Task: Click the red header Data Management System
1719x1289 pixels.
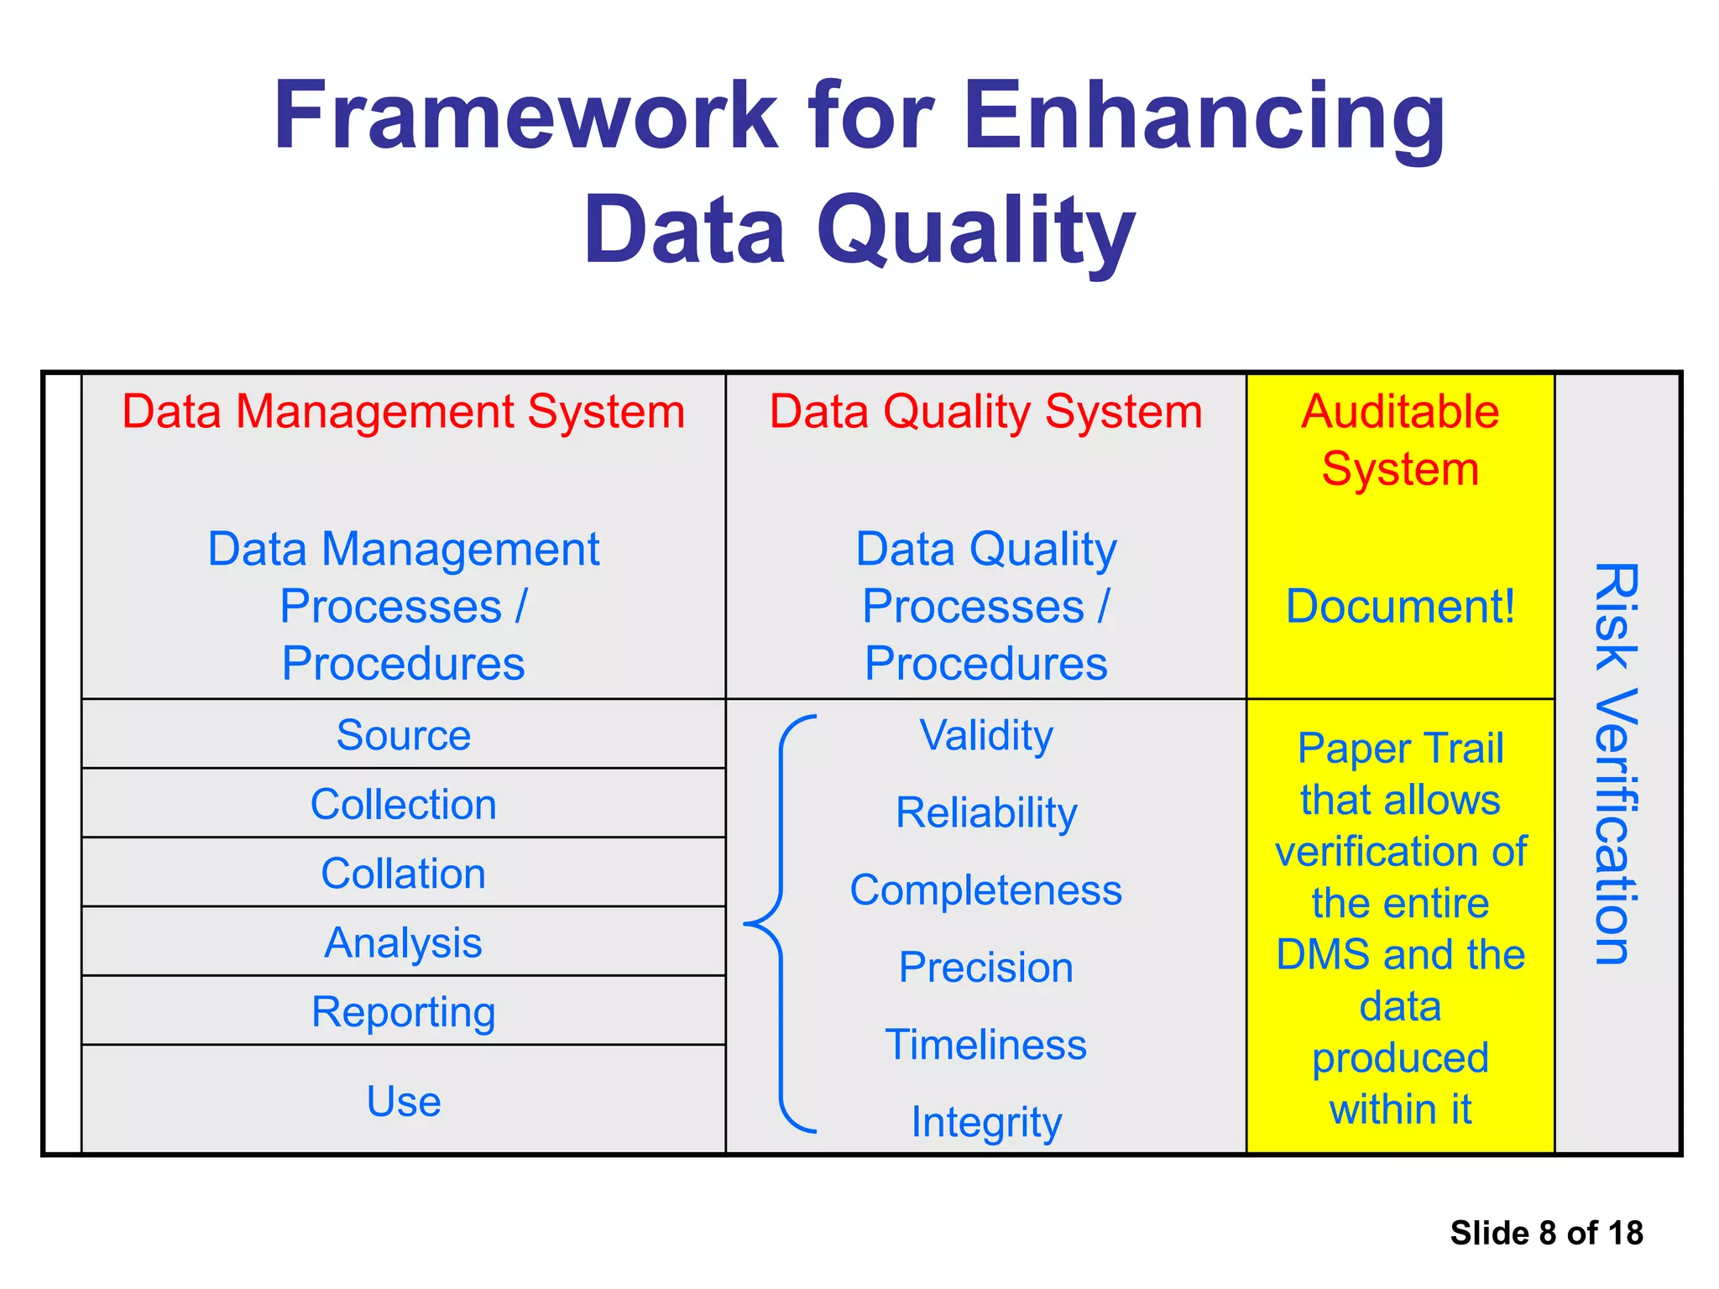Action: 403,412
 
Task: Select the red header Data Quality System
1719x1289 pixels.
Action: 985,412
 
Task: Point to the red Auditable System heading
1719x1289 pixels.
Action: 1399,440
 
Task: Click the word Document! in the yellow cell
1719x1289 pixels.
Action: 1400,606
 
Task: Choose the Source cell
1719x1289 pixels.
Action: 403,735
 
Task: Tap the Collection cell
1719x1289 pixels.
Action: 403,804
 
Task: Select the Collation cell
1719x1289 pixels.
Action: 403,873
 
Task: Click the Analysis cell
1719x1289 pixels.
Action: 403,942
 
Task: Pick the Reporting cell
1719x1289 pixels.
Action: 403,1011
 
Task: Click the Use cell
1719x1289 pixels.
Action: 403,1100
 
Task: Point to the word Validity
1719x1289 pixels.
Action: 985,735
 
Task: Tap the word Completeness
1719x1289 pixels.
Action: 985,890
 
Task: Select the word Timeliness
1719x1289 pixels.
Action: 985,1045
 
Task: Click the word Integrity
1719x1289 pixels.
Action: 985,1122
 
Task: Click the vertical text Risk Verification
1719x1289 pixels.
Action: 1616,764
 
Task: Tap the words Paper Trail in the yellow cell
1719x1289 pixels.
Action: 1400,748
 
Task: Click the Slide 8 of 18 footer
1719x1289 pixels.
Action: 1546,1233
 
